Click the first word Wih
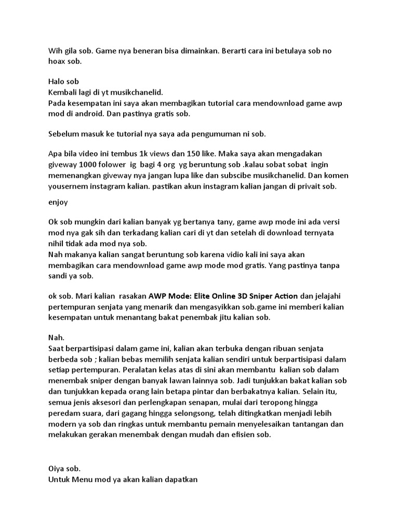point(55,51)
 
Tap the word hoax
point(58,61)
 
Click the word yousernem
point(69,186)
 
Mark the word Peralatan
point(144,369)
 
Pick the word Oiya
point(57,469)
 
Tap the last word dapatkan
point(180,479)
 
